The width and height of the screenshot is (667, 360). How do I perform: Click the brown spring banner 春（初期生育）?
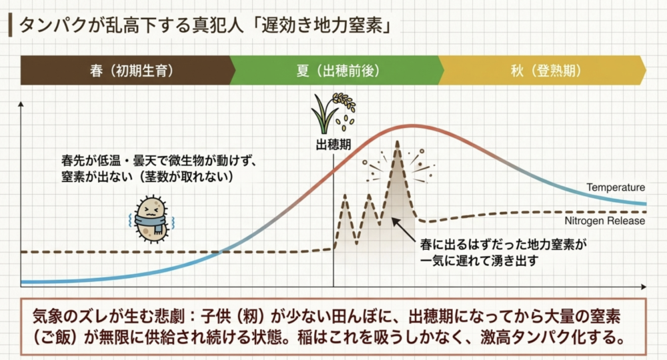(127, 70)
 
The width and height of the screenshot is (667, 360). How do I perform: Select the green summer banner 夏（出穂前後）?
(336, 70)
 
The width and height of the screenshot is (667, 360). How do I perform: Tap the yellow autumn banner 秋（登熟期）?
(543, 70)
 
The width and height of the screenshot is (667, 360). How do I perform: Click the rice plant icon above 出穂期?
(333, 113)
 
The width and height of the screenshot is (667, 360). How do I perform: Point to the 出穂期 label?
(333, 145)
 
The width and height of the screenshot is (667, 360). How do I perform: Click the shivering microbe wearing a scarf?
(151, 219)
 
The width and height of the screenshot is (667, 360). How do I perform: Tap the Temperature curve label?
(616, 187)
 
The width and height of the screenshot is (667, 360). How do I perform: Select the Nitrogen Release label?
(604, 221)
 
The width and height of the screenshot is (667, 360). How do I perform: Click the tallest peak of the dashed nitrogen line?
(398, 142)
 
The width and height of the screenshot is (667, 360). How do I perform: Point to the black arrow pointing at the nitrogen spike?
(403, 229)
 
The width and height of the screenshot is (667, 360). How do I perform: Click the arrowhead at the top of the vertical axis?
(21, 103)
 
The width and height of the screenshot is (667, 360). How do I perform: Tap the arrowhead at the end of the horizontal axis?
(644, 287)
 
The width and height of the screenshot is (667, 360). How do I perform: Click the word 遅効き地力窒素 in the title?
(321, 25)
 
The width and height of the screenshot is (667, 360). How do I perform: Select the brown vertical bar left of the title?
(10, 25)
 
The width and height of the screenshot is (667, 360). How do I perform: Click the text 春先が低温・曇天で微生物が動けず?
(159, 161)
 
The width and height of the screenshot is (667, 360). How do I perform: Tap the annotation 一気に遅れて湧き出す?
(480, 260)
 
